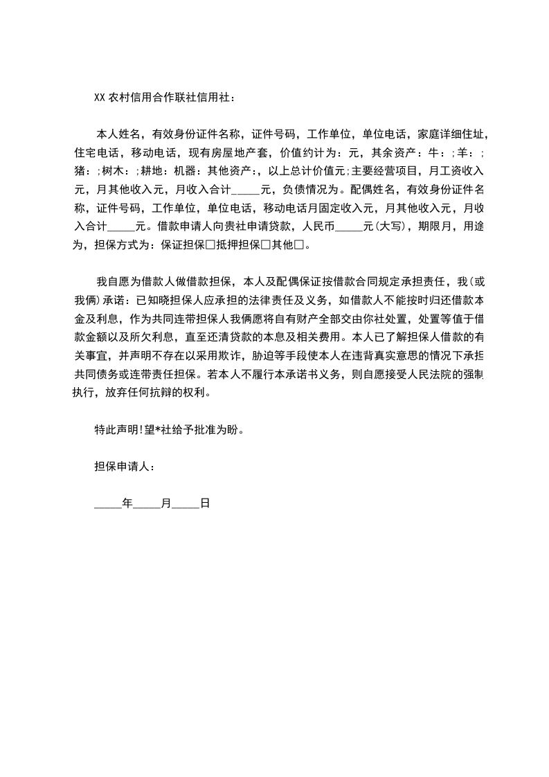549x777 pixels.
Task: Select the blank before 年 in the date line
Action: click(107, 504)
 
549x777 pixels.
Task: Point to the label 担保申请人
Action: click(120, 467)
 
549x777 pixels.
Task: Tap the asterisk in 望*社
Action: click(159, 429)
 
